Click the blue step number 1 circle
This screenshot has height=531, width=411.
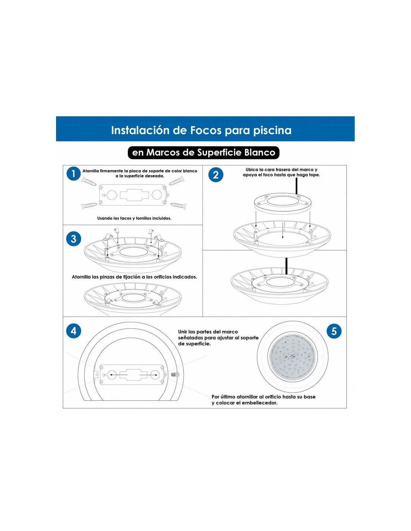click(x=73, y=174)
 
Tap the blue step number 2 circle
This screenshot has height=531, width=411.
click(x=216, y=175)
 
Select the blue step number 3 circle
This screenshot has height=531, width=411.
click(x=73, y=239)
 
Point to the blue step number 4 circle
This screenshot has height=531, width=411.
click(x=73, y=331)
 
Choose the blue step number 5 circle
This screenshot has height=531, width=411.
click(x=334, y=331)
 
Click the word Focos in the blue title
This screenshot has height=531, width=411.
click(x=206, y=130)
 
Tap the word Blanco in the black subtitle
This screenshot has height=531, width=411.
click(x=260, y=152)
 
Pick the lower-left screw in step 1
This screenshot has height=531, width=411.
click(x=89, y=205)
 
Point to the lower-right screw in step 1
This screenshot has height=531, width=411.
click(x=178, y=205)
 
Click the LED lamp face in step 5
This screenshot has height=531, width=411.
click(x=293, y=354)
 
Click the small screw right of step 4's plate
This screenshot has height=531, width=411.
click(x=174, y=374)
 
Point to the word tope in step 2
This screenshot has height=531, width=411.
click(x=314, y=175)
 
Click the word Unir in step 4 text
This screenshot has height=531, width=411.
click(x=183, y=332)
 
